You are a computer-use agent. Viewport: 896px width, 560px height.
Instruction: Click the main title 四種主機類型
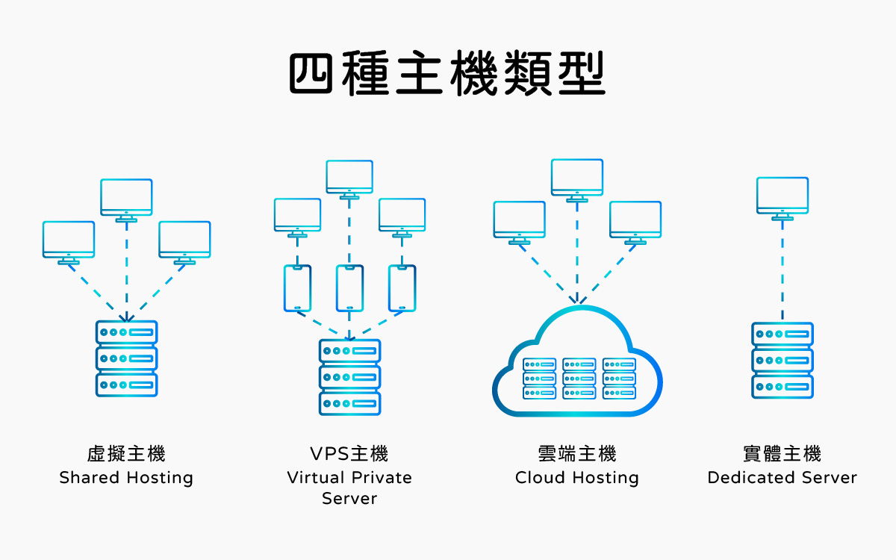[x=447, y=72]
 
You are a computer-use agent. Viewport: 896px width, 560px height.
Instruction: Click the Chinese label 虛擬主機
[x=126, y=453]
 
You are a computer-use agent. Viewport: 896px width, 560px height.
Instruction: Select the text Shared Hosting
[x=126, y=478]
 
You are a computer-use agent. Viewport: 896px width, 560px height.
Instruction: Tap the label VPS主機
[x=349, y=453]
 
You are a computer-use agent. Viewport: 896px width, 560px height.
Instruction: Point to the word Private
[x=381, y=478]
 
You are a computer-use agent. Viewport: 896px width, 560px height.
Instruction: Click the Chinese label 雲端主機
[x=577, y=453]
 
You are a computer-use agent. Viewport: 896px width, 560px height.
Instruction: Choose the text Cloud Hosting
[x=577, y=478]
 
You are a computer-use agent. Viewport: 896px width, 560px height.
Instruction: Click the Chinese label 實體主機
[x=783, y=453]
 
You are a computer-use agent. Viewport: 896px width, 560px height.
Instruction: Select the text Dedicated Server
[x=783, y=478]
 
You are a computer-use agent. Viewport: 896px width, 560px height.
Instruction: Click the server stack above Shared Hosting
[x=127, y=358]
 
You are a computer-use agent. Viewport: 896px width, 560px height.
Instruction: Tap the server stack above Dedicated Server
[x=783, y=360]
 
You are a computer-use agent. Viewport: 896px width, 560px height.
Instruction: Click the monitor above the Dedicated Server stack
[x=783, y=196]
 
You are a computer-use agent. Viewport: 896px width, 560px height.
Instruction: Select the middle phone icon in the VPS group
[x=349, y=288]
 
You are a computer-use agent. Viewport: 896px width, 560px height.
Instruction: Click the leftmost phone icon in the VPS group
[x=297, y=288]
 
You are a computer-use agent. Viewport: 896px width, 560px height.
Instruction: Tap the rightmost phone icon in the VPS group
[x=402, y=288]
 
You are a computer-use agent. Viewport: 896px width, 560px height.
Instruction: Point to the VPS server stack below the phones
[x=349, y=377]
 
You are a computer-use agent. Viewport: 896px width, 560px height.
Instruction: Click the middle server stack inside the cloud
[x=579, y=378]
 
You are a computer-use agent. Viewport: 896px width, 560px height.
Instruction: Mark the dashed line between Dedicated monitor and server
[x=783, y=269]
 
